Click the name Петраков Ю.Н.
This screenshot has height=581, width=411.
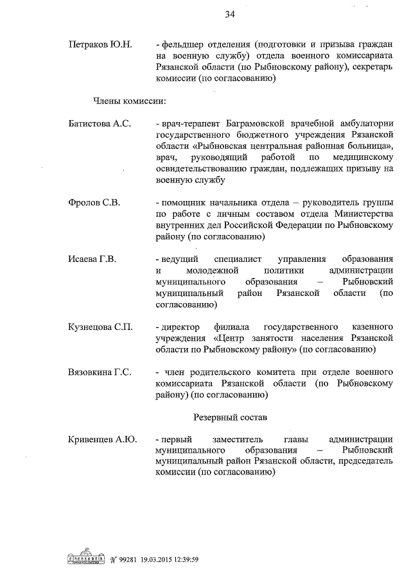[x=100, y=45]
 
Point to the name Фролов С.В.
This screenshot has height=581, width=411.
[x=94, y=203]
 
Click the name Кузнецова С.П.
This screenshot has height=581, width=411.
[x=100, y=327]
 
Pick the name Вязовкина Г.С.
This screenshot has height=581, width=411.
[x=100, y=372]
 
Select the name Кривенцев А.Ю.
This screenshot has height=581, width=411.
[x=102, y=440]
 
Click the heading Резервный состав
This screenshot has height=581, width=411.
[x=231, y=417]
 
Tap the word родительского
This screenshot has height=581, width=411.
[x=250, y=372]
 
